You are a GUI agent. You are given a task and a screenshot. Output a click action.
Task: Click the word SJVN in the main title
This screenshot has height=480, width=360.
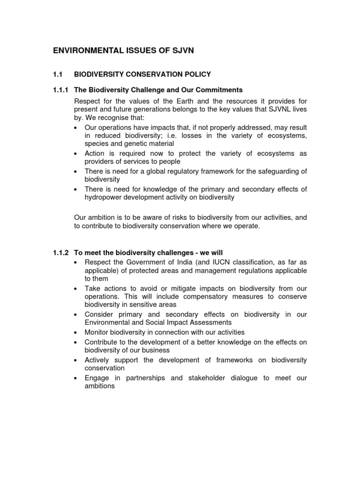181,51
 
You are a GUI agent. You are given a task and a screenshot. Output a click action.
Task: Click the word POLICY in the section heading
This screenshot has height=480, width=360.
196,74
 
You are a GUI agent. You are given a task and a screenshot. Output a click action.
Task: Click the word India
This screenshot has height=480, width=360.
179,262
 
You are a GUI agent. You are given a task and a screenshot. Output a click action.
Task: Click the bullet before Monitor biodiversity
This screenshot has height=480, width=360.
76,332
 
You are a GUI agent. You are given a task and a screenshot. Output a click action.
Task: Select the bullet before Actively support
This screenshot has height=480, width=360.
76,360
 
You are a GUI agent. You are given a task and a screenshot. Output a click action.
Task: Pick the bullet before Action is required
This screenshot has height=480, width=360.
76,153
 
